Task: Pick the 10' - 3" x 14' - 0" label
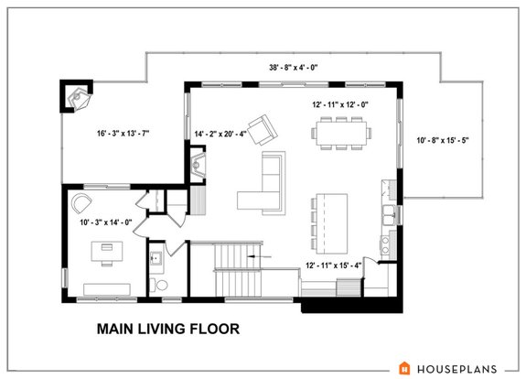click(x=105, y=221)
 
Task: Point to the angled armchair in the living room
click(x=263, y=130)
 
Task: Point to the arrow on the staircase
click(x=263, y=260)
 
